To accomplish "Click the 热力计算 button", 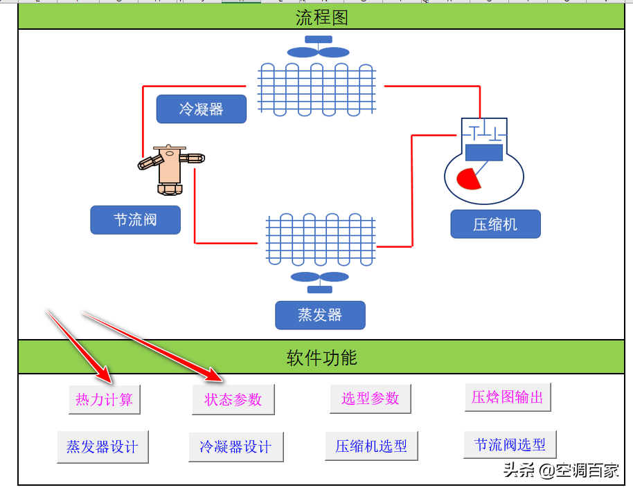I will coord(105,399).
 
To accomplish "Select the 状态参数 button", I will coord(233,399).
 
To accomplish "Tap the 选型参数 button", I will coord(371,399).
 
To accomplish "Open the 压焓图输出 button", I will coord(508,397).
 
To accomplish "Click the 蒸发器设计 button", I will coord(102,446).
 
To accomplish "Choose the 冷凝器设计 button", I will coord(236,447).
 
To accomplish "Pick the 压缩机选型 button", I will coord(371,446).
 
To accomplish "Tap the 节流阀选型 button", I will coord(510,444).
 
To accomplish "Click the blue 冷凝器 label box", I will coord(201,109).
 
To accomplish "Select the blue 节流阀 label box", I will coord(135,220).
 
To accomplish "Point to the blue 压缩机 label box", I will coord(495,224).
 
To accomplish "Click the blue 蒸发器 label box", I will coord(320,315).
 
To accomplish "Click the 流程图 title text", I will coord(321,17).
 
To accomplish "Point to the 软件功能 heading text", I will coord(321,357).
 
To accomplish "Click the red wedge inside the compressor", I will coord(468,179).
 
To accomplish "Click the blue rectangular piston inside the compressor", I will coord(484,152).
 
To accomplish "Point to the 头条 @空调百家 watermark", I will coord(561,471).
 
